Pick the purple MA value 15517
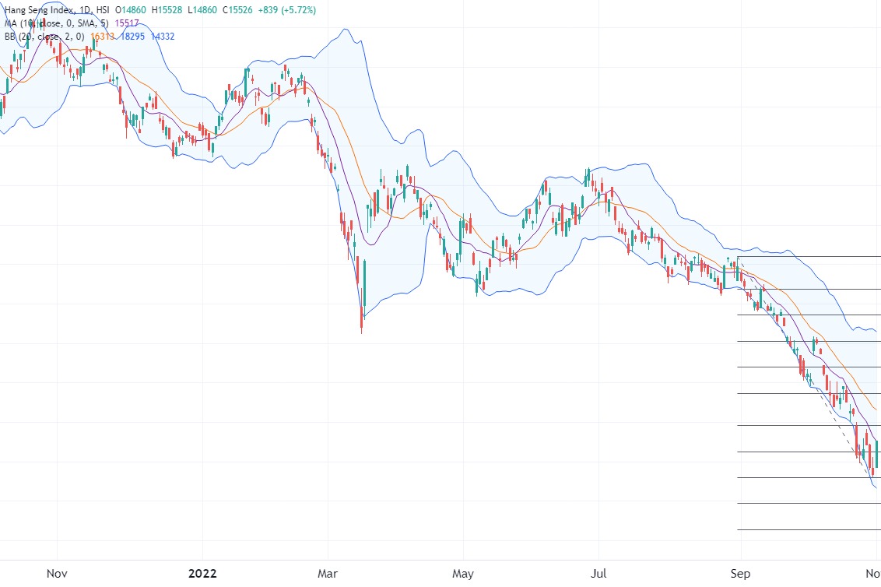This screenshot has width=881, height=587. pyautogui.click(x=127, y=23)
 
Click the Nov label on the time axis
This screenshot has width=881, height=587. pyautogui.click(x=57, y=574)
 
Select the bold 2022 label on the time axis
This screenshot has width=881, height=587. pyautogui.click(x=202, y=574)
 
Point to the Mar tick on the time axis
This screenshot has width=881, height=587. pyautogui.click(x=328, y=574)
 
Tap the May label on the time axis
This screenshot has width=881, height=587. pyautogui.click(x=463, y=574)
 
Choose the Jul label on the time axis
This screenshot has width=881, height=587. pyautogui.click(x=599, y=574)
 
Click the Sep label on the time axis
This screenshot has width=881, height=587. pyautogui.click(x=741, y=574)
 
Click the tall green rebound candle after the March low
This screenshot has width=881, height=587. pyautogui.click(x=366, y=284)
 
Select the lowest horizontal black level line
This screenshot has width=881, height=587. pyautogui.click(x=809, y=530)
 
